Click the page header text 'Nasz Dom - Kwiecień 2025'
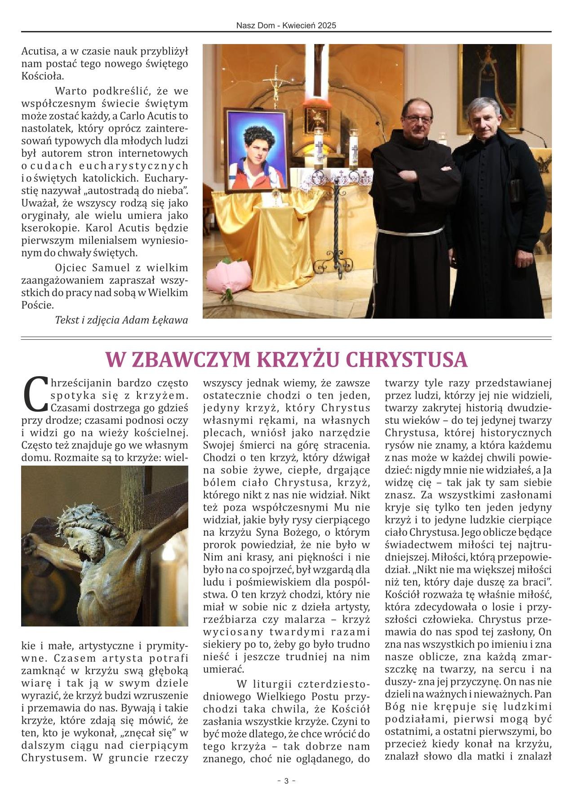(x=286, y=26)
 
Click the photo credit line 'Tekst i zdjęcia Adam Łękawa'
(x=121, y=320)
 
